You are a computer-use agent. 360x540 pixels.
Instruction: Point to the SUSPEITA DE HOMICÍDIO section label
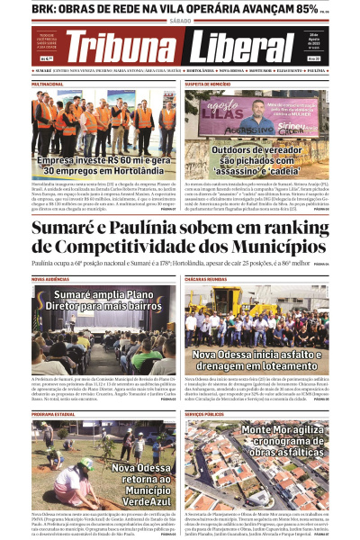[x=208, y=83]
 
